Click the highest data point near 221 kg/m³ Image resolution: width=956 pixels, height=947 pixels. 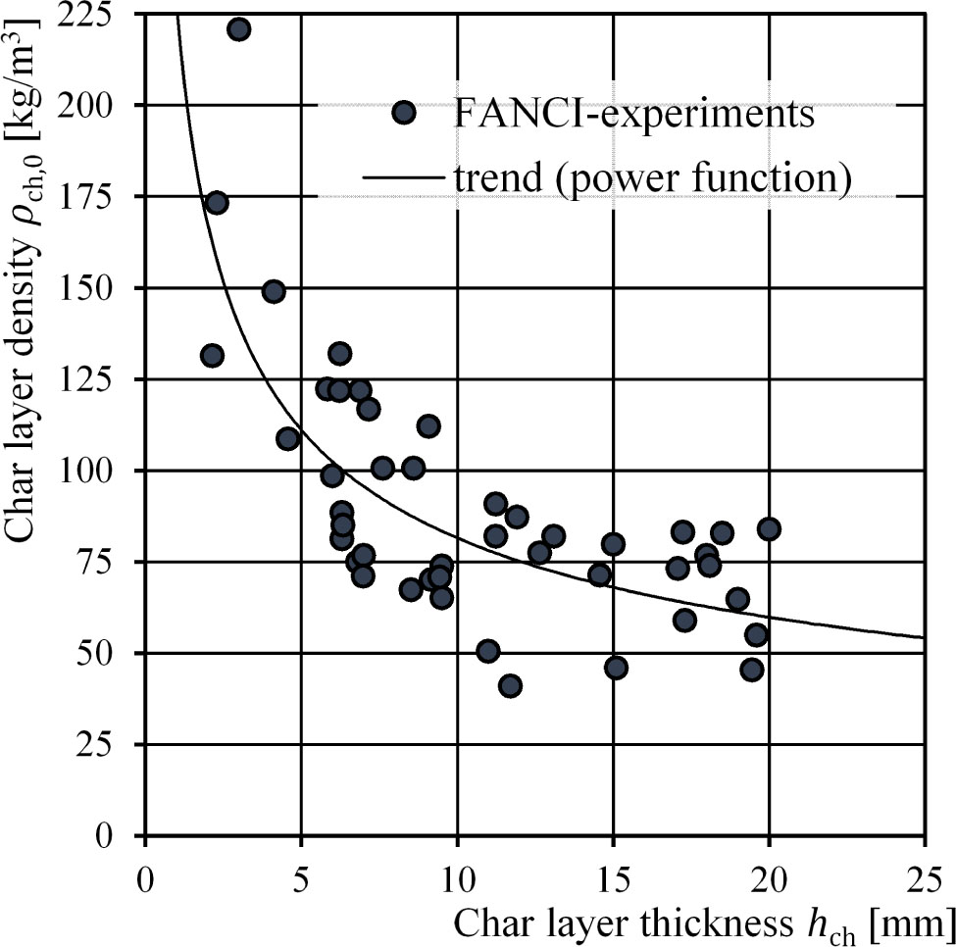[x=238, y=29]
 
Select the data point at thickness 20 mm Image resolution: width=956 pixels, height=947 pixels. [x=769, y=529]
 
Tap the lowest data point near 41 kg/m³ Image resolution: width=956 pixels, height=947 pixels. [x=510, y=686]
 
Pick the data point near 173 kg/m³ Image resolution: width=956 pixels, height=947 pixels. [x=217, y=203]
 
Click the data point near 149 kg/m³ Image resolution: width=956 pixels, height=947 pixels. [x=274, y=291]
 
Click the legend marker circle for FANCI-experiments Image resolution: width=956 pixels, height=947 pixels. [x=403, y=113]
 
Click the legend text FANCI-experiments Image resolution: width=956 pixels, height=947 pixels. [x=634, y=114]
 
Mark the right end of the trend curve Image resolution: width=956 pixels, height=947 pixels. [x=925, y=637]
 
